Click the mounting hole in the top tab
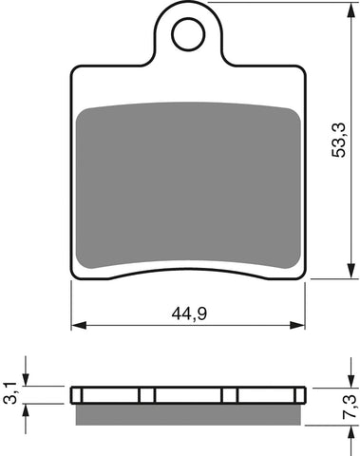tap(188, 33)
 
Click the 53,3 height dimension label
tap(338, 140)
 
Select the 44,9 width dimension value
tap(189, 313)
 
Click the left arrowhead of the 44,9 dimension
tap(79, 325)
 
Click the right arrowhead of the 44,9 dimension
tap(297, 325)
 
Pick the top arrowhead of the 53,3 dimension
tap(351, 10)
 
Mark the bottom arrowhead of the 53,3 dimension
tap(351, 271)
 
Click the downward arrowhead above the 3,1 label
tap(26, 379)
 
